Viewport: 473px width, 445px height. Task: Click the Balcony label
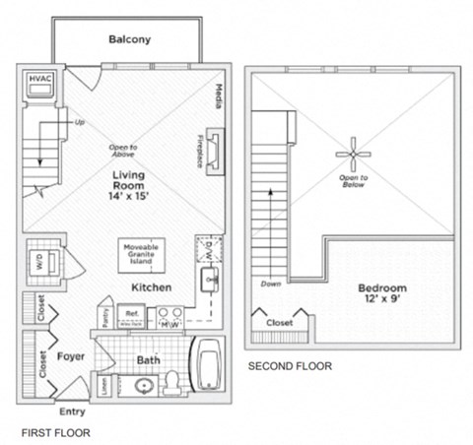129,40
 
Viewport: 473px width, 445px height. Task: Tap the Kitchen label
153,286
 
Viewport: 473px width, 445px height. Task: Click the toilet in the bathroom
173,381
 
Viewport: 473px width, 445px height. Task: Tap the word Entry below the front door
72,412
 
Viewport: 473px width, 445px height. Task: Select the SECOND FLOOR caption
289,365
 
